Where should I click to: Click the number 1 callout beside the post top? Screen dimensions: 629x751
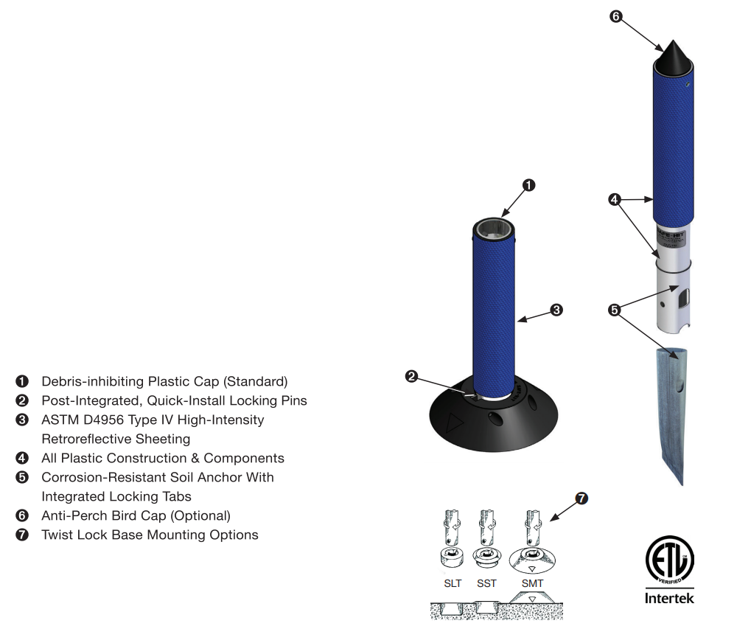[x=528, y=185]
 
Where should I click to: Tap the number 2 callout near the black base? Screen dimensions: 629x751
[x=412, y=376]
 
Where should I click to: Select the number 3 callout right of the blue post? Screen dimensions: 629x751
[x=556, y=310]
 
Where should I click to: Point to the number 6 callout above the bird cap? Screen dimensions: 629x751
[x=617, y=16]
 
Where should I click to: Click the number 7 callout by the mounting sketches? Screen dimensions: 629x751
[x=581, y=499]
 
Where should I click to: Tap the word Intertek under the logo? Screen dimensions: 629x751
[x=669, y=598]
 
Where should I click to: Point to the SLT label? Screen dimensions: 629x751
[x=453, y=583]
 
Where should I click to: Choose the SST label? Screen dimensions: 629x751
[x=486, y=583]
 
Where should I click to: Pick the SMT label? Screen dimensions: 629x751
[x=532, y=583]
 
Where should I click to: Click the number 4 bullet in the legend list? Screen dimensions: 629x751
[x=22, y=458]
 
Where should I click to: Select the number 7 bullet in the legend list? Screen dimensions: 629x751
[x=22, y=535]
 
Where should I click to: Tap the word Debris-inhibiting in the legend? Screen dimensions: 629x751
[x=92, y=381]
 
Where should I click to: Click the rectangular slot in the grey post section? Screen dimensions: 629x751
[x=684, y=299]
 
